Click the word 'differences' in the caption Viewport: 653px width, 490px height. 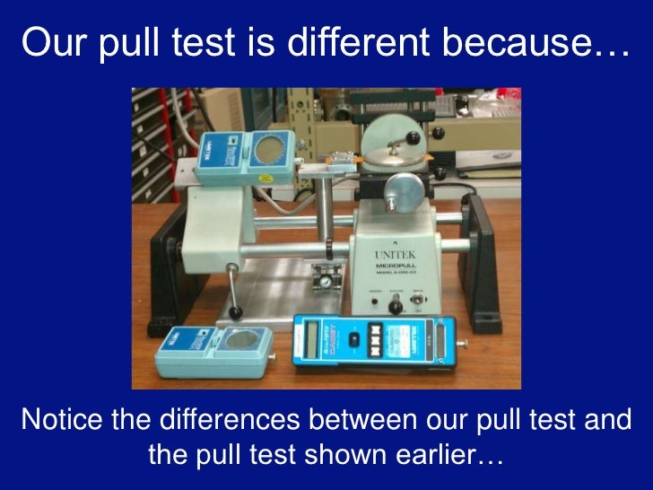[x=231, y=418]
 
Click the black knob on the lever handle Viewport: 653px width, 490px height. [x=236, y=312]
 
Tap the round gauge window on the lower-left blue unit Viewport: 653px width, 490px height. [x=239, y=343]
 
